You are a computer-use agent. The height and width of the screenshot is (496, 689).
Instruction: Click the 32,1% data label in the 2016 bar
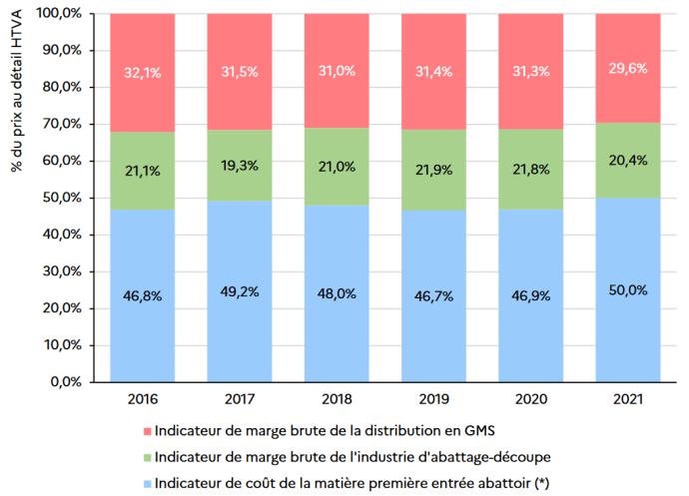[141, 73]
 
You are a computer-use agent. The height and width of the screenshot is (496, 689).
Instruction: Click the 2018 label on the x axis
[336, 398]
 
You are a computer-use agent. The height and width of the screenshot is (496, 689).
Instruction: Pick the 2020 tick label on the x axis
[529, 398]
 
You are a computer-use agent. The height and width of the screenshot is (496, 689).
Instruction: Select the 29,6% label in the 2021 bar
[626, 69]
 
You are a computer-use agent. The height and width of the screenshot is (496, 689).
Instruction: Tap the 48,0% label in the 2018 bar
[336, 294]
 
